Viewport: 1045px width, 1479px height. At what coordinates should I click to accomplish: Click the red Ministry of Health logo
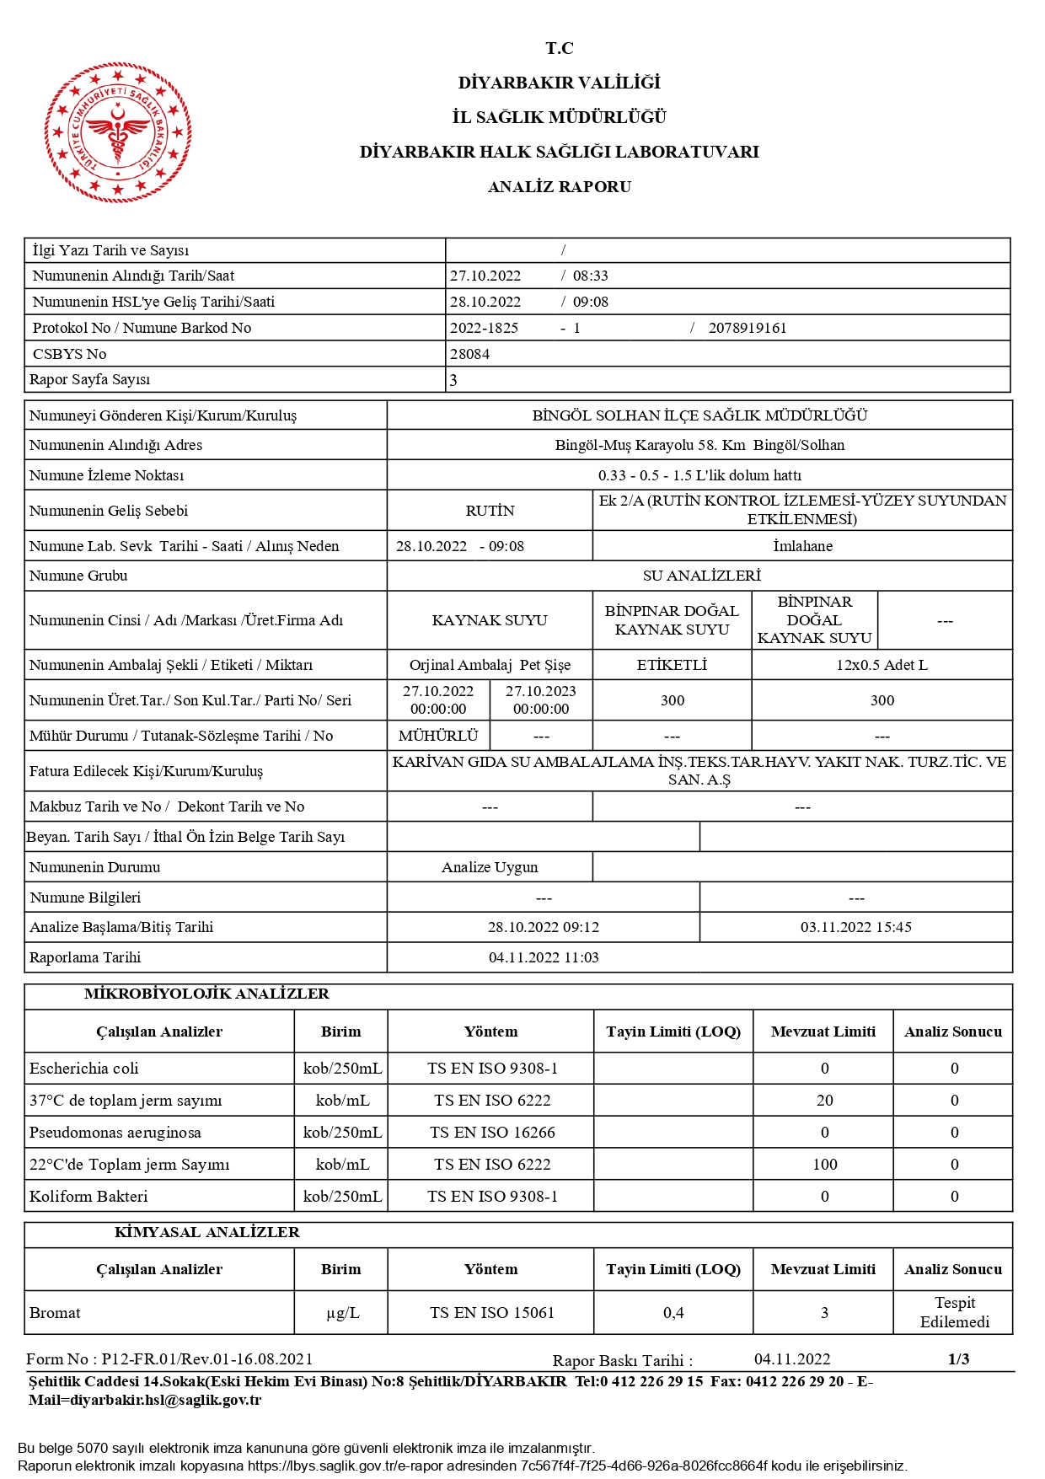118,132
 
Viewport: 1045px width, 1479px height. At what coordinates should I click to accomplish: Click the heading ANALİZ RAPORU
559,187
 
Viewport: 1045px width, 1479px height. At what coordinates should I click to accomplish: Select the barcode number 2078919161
747,328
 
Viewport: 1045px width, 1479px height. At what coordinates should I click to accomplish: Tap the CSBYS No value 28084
469,354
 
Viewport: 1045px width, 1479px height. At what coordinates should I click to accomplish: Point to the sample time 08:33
590,276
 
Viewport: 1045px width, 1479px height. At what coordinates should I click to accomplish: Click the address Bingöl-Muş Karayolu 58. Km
650,445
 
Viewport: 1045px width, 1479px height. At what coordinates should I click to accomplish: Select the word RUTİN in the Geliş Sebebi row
490,511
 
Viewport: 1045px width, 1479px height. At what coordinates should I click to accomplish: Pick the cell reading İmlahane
802,546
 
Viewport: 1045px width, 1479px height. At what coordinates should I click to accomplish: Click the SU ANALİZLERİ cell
701,576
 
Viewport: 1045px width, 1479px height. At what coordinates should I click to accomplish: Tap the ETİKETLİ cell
672,665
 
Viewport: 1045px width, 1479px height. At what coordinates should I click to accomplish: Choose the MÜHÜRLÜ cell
438,736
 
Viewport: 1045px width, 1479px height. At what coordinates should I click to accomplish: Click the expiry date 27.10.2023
541,692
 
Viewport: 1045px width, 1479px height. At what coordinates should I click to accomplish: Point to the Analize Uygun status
490,867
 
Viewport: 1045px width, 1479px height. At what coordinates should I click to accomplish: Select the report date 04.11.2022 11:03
544,957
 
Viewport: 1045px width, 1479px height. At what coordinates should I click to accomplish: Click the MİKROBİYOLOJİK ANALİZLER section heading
206,994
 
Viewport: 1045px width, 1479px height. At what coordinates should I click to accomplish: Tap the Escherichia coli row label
84,1069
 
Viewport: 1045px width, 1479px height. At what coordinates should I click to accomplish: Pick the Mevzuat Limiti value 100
824,1165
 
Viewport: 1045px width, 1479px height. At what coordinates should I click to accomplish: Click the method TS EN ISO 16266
492,1133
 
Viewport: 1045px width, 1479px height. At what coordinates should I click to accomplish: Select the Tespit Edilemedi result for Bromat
954,1312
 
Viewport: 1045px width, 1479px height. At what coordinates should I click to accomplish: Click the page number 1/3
958,1358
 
